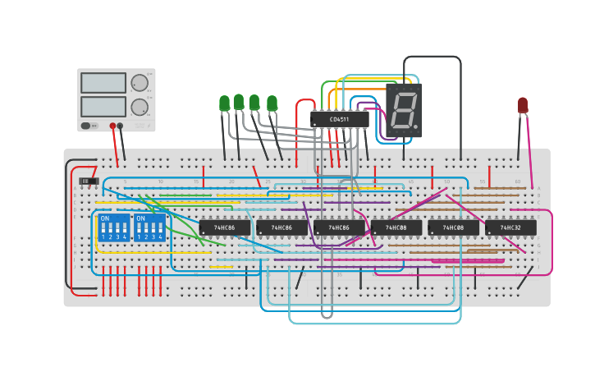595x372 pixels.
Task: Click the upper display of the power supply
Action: coord(103,83)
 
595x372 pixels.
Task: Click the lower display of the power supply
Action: coord(103,107)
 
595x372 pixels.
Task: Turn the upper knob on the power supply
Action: coord(140,83)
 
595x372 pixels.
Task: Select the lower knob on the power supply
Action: coord(140,107)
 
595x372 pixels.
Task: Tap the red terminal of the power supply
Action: coord(113,126)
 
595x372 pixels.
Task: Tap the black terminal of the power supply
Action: coord(121,126)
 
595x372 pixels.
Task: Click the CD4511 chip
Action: coord(339,119)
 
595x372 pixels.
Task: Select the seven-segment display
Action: coord(404,109)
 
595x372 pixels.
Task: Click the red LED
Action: coord(523,104)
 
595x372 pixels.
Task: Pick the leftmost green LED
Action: coord(224,103)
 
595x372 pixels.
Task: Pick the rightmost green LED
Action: coord(272,103)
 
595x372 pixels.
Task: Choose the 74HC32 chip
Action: coord(510,227)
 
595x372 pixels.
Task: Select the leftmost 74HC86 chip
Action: coord(224,227)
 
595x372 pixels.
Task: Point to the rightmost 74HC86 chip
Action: coord(339,227)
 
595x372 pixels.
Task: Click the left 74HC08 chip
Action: coord(396,227)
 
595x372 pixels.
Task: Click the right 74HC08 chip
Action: coord(453,227)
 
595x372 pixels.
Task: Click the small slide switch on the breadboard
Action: coord(89,181)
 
